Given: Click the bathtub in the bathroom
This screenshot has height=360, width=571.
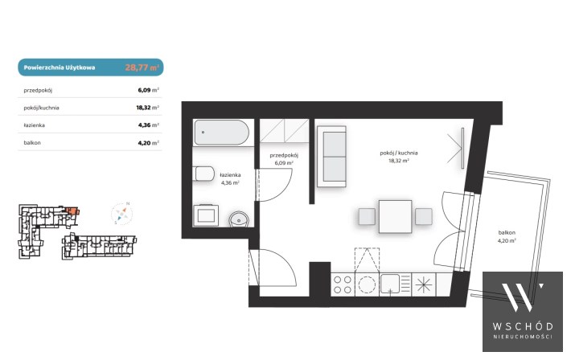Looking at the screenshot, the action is coord(221,133).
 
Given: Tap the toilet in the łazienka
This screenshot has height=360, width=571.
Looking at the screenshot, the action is coord(204,174).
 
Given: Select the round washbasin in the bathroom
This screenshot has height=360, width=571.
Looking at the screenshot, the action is coord(239,219).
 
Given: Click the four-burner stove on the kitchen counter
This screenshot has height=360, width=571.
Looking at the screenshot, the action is coord(343,284).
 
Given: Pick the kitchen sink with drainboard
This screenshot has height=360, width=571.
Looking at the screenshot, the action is coord(395,284).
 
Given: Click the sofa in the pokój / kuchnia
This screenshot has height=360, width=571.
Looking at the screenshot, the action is coord(331,157).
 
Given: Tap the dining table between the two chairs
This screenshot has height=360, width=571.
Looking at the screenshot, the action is coord(396,216).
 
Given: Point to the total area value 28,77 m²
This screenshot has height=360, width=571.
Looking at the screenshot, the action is coord(142,67).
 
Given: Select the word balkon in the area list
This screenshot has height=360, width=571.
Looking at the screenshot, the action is coord(32,143).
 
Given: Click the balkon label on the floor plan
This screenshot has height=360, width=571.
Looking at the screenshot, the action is coord(507,232).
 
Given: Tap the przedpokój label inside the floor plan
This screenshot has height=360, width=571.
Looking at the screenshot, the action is coord(284,155).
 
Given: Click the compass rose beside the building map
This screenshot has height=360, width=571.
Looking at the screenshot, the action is coord(122,214).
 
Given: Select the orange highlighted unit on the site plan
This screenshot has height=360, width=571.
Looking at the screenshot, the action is coord(72,211).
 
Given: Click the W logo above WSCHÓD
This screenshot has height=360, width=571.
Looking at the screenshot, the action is coord(522,297).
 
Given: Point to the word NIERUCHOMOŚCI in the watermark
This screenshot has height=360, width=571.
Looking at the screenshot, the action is coord(523,337).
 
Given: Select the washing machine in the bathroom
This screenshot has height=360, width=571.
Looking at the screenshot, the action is coord(206,215).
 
